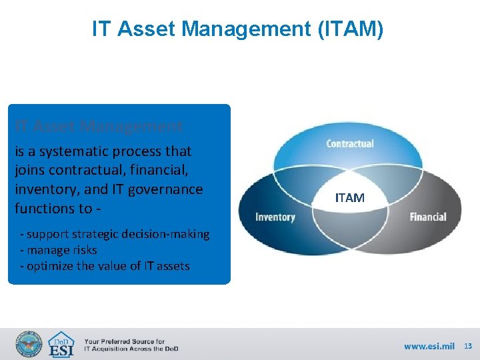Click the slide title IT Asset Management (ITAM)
(x=237, y=29)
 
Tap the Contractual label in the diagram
(x=349, y=144)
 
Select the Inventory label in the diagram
(x=275, y=217)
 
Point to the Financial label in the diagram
(x=427, y=217)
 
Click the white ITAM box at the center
(x=349, y=198)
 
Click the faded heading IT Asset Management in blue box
(x=99, y=126)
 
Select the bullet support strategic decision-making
(x=115, y=234)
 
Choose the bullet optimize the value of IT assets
(x=105, y=266)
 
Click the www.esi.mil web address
(x=429, y=346)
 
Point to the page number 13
(x=467, y=346)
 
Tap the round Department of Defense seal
(x=29, y=344)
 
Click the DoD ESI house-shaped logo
(x=62, y=344)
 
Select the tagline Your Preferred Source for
(x=124, y=341)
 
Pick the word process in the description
(x=140, y=151)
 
